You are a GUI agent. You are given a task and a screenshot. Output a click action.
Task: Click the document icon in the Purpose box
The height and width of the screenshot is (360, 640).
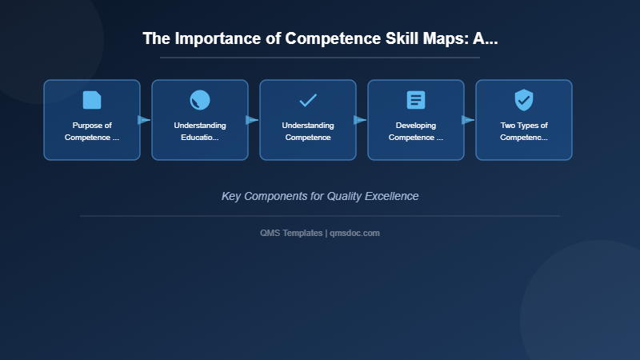[x=92, y=100]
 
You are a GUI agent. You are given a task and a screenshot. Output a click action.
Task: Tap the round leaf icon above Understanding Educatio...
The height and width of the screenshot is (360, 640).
[x=200, y=100]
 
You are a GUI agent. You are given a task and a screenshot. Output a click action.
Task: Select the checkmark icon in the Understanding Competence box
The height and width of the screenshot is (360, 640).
[x=308, y=100]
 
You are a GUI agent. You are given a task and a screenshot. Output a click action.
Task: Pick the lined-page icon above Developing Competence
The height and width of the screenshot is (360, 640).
[x=416, y=100]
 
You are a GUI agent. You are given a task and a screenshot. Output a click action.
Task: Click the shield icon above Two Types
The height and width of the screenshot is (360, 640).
[x=524, y=100]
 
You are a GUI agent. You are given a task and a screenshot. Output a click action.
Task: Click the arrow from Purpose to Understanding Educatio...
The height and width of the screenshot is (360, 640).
[x=144, y=120]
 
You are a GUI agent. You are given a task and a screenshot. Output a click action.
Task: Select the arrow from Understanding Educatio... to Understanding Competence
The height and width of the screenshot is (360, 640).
[x=252, y=120]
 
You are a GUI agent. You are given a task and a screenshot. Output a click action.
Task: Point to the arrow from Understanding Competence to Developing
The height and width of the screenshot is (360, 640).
[x=360, y=120]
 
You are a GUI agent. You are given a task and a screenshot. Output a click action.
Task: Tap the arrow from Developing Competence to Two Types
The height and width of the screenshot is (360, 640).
[x=468, y=120]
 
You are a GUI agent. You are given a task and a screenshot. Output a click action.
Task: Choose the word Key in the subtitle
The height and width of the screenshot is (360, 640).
[x=232, y=196]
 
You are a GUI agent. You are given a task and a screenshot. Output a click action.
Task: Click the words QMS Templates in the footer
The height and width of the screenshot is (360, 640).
[x=291, y=233]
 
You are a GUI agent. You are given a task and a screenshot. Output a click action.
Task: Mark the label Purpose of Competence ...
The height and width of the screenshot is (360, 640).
[x=92, y=131]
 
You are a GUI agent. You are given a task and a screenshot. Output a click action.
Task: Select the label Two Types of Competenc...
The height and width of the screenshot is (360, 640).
[x=524, y=131]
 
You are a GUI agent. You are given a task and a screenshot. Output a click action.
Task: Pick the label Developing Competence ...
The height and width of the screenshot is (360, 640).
[x=416, y=131]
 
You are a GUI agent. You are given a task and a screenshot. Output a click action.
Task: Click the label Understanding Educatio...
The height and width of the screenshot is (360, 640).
[x=200, y=131]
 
